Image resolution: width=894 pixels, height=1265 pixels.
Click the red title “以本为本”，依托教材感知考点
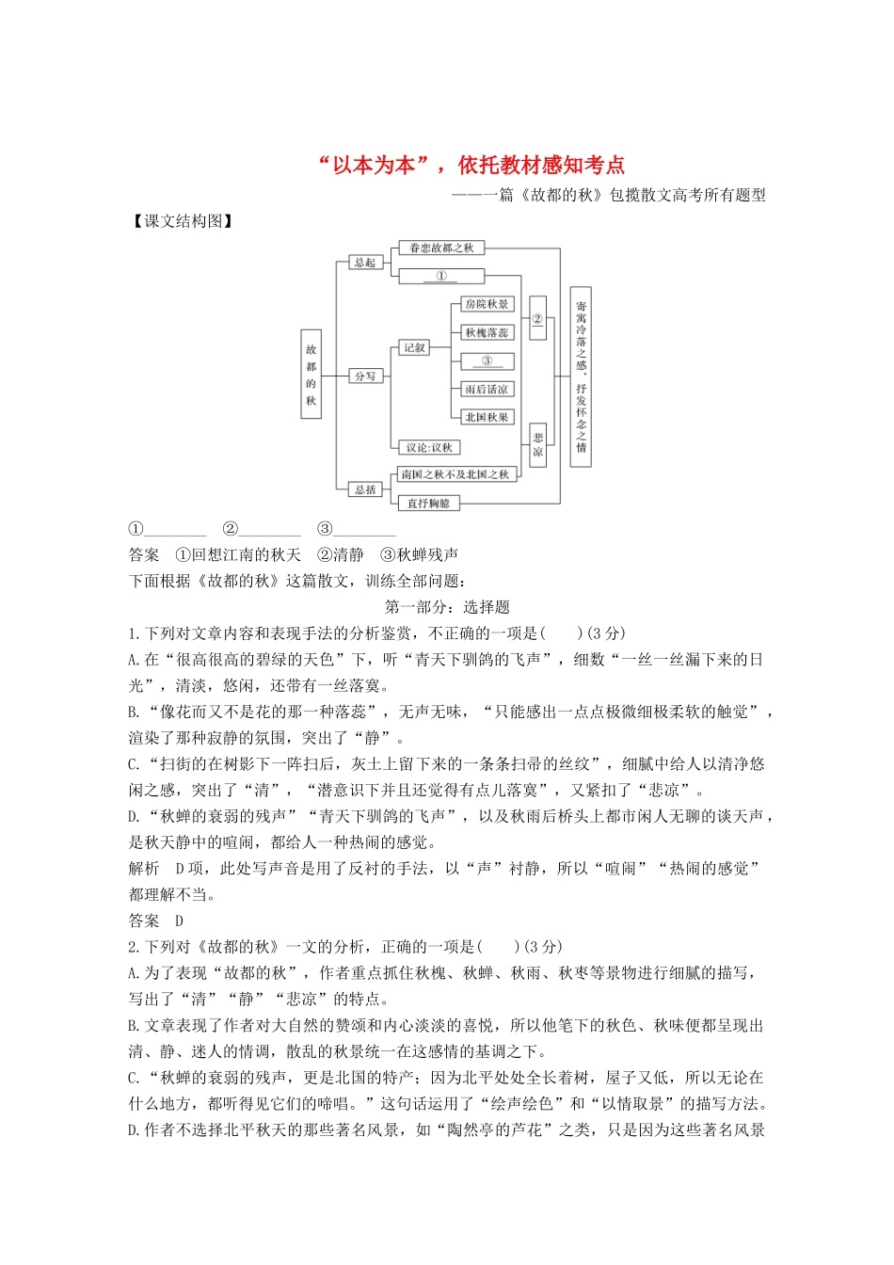click(x=471, y=166)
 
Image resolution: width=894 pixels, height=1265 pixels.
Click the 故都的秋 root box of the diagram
click(x=311, y=375)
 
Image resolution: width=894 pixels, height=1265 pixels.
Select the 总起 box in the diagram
click(x=364, y=263)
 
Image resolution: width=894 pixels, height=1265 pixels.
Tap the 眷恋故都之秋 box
click(x=441, y=248)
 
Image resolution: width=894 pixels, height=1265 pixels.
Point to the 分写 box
click(x=364, y=376)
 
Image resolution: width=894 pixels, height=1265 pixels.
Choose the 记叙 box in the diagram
click(x=414, y=348)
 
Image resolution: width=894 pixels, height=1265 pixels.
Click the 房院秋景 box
click(x=487, y=304)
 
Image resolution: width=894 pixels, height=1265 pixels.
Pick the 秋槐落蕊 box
click(x=487, y=332)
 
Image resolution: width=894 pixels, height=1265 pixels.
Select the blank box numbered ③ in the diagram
click(x=487, y=360)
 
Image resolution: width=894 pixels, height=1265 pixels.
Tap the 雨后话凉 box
click(x=487, y=389)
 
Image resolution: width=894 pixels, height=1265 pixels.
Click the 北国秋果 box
click(x=487, y=417)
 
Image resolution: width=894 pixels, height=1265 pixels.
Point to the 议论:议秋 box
click(x=429, y=447)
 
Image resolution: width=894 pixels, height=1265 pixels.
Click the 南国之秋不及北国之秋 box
click(x=455, y=474)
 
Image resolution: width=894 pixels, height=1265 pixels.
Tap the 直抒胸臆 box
click(x=428, y=504)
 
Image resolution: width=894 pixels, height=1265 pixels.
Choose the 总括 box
click(x=365, y=489)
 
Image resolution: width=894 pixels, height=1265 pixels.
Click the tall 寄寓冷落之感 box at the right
click(x=581, y=376)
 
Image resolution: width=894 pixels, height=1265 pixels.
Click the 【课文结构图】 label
click(x=182, y=222)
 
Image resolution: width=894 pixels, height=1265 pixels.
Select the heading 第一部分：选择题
click(x=447, y=607)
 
